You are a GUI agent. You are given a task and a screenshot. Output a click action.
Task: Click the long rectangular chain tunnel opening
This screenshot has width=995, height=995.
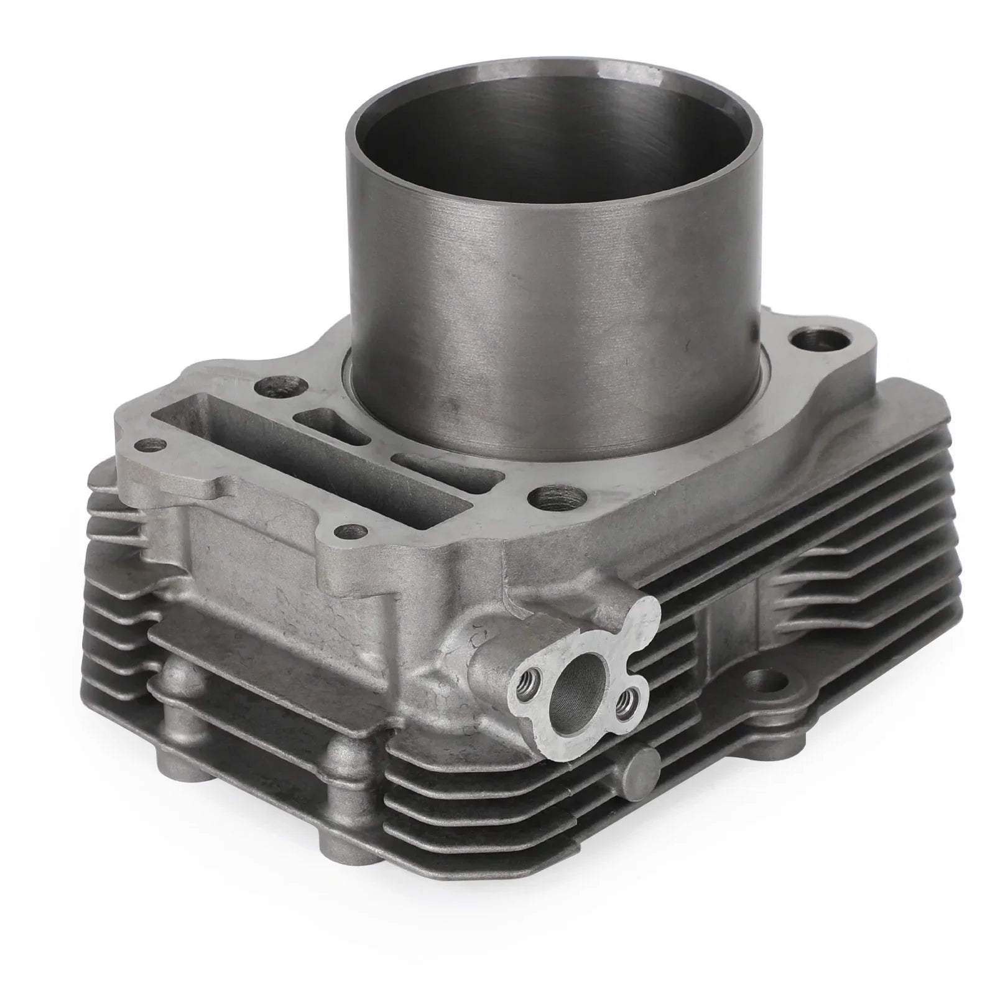tap(305, 460)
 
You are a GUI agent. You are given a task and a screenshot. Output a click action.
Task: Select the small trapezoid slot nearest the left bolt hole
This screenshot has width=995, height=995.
tap(330, 425)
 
